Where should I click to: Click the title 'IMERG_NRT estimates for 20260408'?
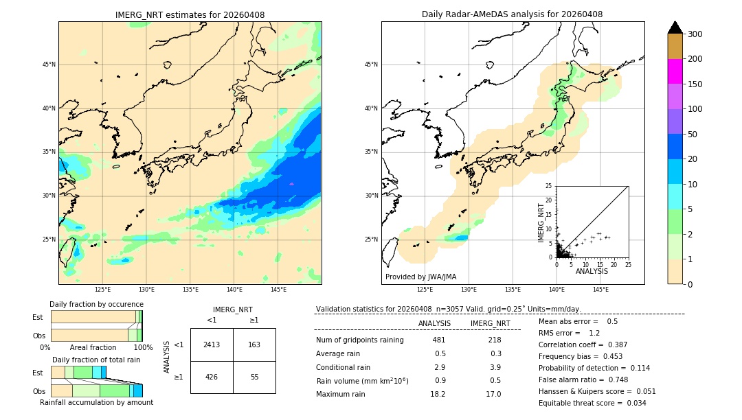[190, 14]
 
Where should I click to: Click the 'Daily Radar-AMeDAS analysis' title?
[512, 14]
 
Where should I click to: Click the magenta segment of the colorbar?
[675, 71]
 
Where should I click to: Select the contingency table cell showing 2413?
[212, 345]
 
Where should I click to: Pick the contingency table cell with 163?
[254, 345]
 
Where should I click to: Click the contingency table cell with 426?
[212, 377]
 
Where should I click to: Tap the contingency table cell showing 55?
[254, 377]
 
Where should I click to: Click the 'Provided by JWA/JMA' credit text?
[420, 277]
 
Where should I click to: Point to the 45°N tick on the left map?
[49, 65]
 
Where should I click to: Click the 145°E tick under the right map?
[600, 290]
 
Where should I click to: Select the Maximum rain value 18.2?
[438, 394]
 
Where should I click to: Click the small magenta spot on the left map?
[291, 184]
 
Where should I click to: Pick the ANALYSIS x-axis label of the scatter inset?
[592, 271]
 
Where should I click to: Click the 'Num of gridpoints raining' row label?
[360, 340]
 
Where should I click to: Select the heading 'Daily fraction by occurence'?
[96, 304]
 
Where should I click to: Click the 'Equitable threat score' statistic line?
[592, 403]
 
